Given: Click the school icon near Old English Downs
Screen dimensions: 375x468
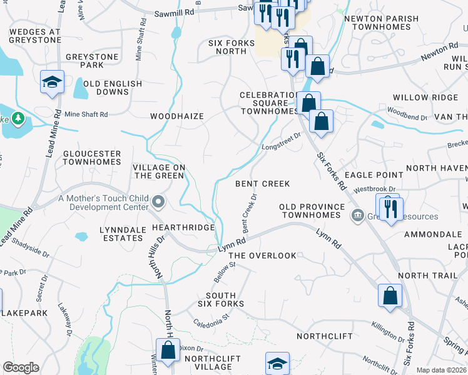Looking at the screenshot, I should click(x=53, y=82).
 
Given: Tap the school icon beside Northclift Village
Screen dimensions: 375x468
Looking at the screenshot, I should click(x=278, y=363).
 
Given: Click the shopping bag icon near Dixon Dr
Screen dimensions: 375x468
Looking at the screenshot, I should click(x=168, y=350).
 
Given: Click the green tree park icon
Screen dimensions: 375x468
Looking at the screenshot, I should click(x=18, y=117).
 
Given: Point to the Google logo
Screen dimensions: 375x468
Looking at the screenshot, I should click(x=21, y=367).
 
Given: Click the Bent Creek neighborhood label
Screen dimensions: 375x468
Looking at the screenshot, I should click(x=262, y=184).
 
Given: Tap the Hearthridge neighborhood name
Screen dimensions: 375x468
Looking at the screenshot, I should click(x=183, y=228).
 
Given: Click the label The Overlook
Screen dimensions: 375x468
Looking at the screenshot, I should click(x=262, y=256).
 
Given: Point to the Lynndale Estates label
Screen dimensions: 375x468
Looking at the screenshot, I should click(x=123, y=234).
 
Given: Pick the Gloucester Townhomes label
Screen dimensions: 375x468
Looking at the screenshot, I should click(x=91, y=157).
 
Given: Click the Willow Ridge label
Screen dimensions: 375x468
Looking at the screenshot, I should click(x=425, y=97).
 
